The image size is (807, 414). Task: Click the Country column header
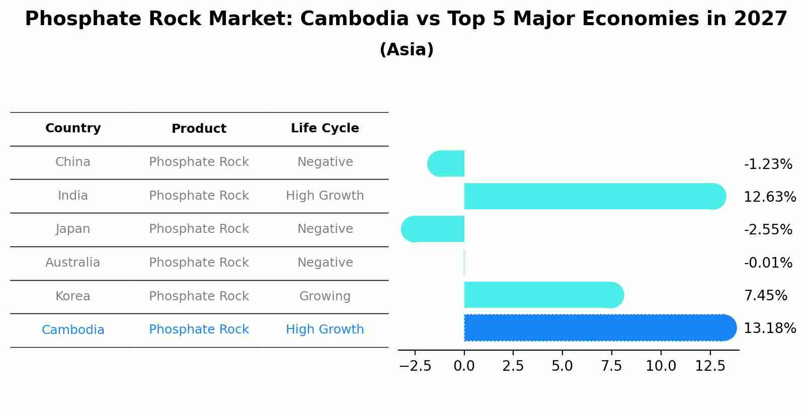tap(73, 128)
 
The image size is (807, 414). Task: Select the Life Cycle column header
tap(325, 128)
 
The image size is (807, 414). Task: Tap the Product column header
tap(199, 129)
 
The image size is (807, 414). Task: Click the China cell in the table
tap(73, 162)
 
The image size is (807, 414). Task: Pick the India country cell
tap(73, 196)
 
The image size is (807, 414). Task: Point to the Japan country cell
tap(73, 229)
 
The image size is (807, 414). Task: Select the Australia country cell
tap(73, 263)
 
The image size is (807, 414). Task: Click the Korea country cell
tap(73, 296)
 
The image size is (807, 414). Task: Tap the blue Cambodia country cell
tap(73, 330)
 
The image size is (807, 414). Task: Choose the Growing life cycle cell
tap(325, 296)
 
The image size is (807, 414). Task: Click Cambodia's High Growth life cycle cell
tap(325, 329)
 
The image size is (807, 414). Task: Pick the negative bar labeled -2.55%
tap(433, 229)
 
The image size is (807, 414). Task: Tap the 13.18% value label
tap(770, 328)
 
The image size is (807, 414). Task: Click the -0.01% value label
tap(768, 263)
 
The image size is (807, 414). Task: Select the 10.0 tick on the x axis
tap(661, 366)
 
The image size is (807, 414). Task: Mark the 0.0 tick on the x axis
tap(464, 366)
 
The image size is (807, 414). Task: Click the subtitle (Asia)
tap(407, 50)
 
